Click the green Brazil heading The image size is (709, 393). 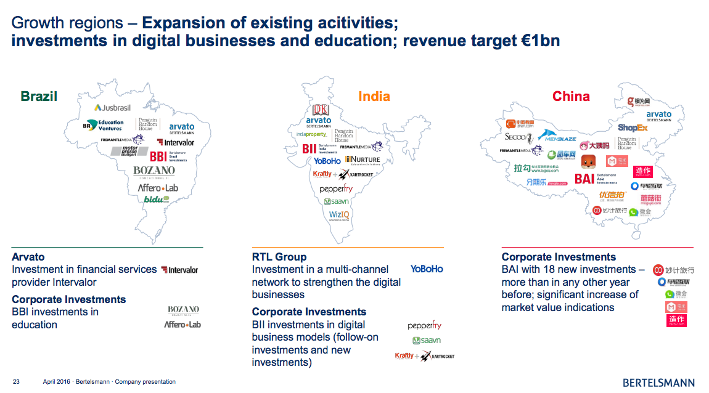39,96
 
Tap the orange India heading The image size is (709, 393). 374,96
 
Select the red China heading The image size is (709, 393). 571,96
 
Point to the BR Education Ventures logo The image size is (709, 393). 103,125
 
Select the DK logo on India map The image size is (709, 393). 321,110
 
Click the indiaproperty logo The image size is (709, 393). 311,134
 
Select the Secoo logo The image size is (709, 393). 515,137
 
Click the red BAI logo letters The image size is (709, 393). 584,179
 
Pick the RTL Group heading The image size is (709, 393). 279,256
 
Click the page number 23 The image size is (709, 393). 16,382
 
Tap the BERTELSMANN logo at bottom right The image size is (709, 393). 658,383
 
